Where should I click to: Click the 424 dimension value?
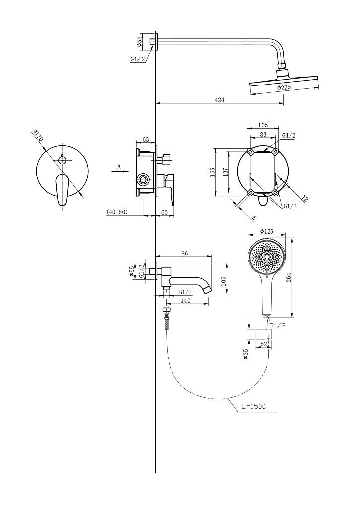[220, 100]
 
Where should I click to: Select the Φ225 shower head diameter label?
[284, 87]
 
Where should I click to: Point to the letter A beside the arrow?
[119, 167]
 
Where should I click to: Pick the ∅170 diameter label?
[37, 135]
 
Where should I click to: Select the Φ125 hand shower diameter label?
[267, 231]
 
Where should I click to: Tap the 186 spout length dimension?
[183, 254]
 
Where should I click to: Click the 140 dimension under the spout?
[185, 301]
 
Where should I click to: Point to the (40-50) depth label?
[117, 212]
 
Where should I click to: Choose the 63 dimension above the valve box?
[145, 140]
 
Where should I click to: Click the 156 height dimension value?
[213, 171]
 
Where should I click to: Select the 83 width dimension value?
[263, 134]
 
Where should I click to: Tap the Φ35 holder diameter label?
[246, 354]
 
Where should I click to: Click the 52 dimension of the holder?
[264, 344]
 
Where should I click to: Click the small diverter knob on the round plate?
[62, 160]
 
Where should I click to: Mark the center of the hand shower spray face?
[267, 257]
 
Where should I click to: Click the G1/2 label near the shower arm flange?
[138, 59]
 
